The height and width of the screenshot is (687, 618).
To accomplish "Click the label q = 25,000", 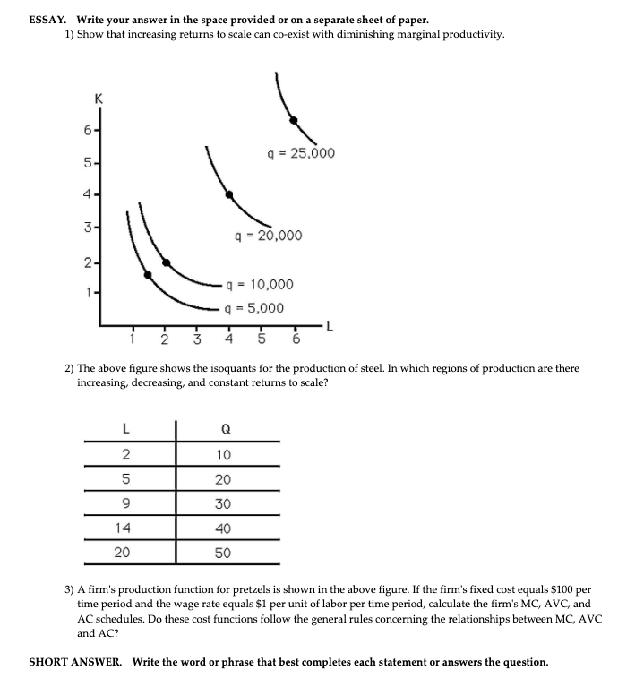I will [x=301, y=153].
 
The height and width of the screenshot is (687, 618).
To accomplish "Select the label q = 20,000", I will [x=268, y=236].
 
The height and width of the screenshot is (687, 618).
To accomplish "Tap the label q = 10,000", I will [x=259, y=285].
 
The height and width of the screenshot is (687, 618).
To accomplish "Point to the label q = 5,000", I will [x=254, y=308].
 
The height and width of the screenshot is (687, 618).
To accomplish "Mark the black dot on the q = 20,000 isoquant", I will [x=228, y=194].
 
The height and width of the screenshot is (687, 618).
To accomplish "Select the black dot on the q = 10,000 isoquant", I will [x=166, y=263].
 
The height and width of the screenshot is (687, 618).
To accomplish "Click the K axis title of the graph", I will [x=99, y=100].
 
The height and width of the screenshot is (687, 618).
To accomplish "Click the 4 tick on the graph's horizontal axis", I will [x=228, y=339].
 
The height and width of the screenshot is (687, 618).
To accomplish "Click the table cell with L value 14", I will [x=124, y=528].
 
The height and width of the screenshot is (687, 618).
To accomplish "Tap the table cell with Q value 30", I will [x=223, y=503].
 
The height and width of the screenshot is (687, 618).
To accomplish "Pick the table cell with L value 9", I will [x=125, y=503].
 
